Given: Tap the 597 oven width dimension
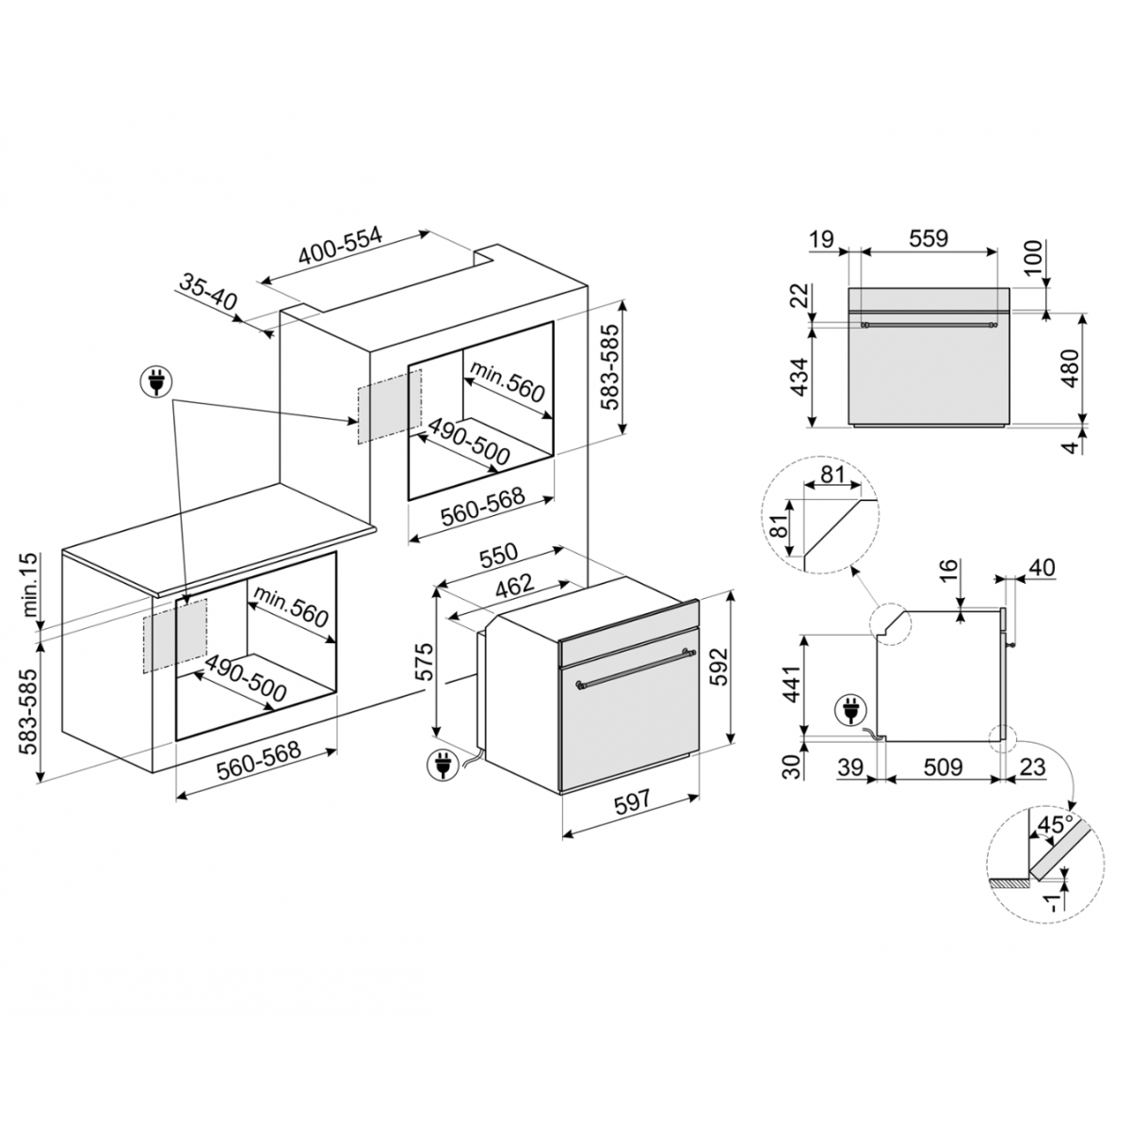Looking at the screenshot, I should click(x=633, y=802).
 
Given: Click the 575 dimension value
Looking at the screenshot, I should click(x=425, y=662).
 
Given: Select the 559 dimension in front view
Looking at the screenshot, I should click(x=928, y=238).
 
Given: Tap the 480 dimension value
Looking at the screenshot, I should click(x=1071, y=369).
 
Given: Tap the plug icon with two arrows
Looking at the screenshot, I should click(x=152, y=382).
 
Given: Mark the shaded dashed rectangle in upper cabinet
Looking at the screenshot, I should click(x=388, y=406).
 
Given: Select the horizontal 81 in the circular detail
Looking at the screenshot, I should click(x=830, y=475).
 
